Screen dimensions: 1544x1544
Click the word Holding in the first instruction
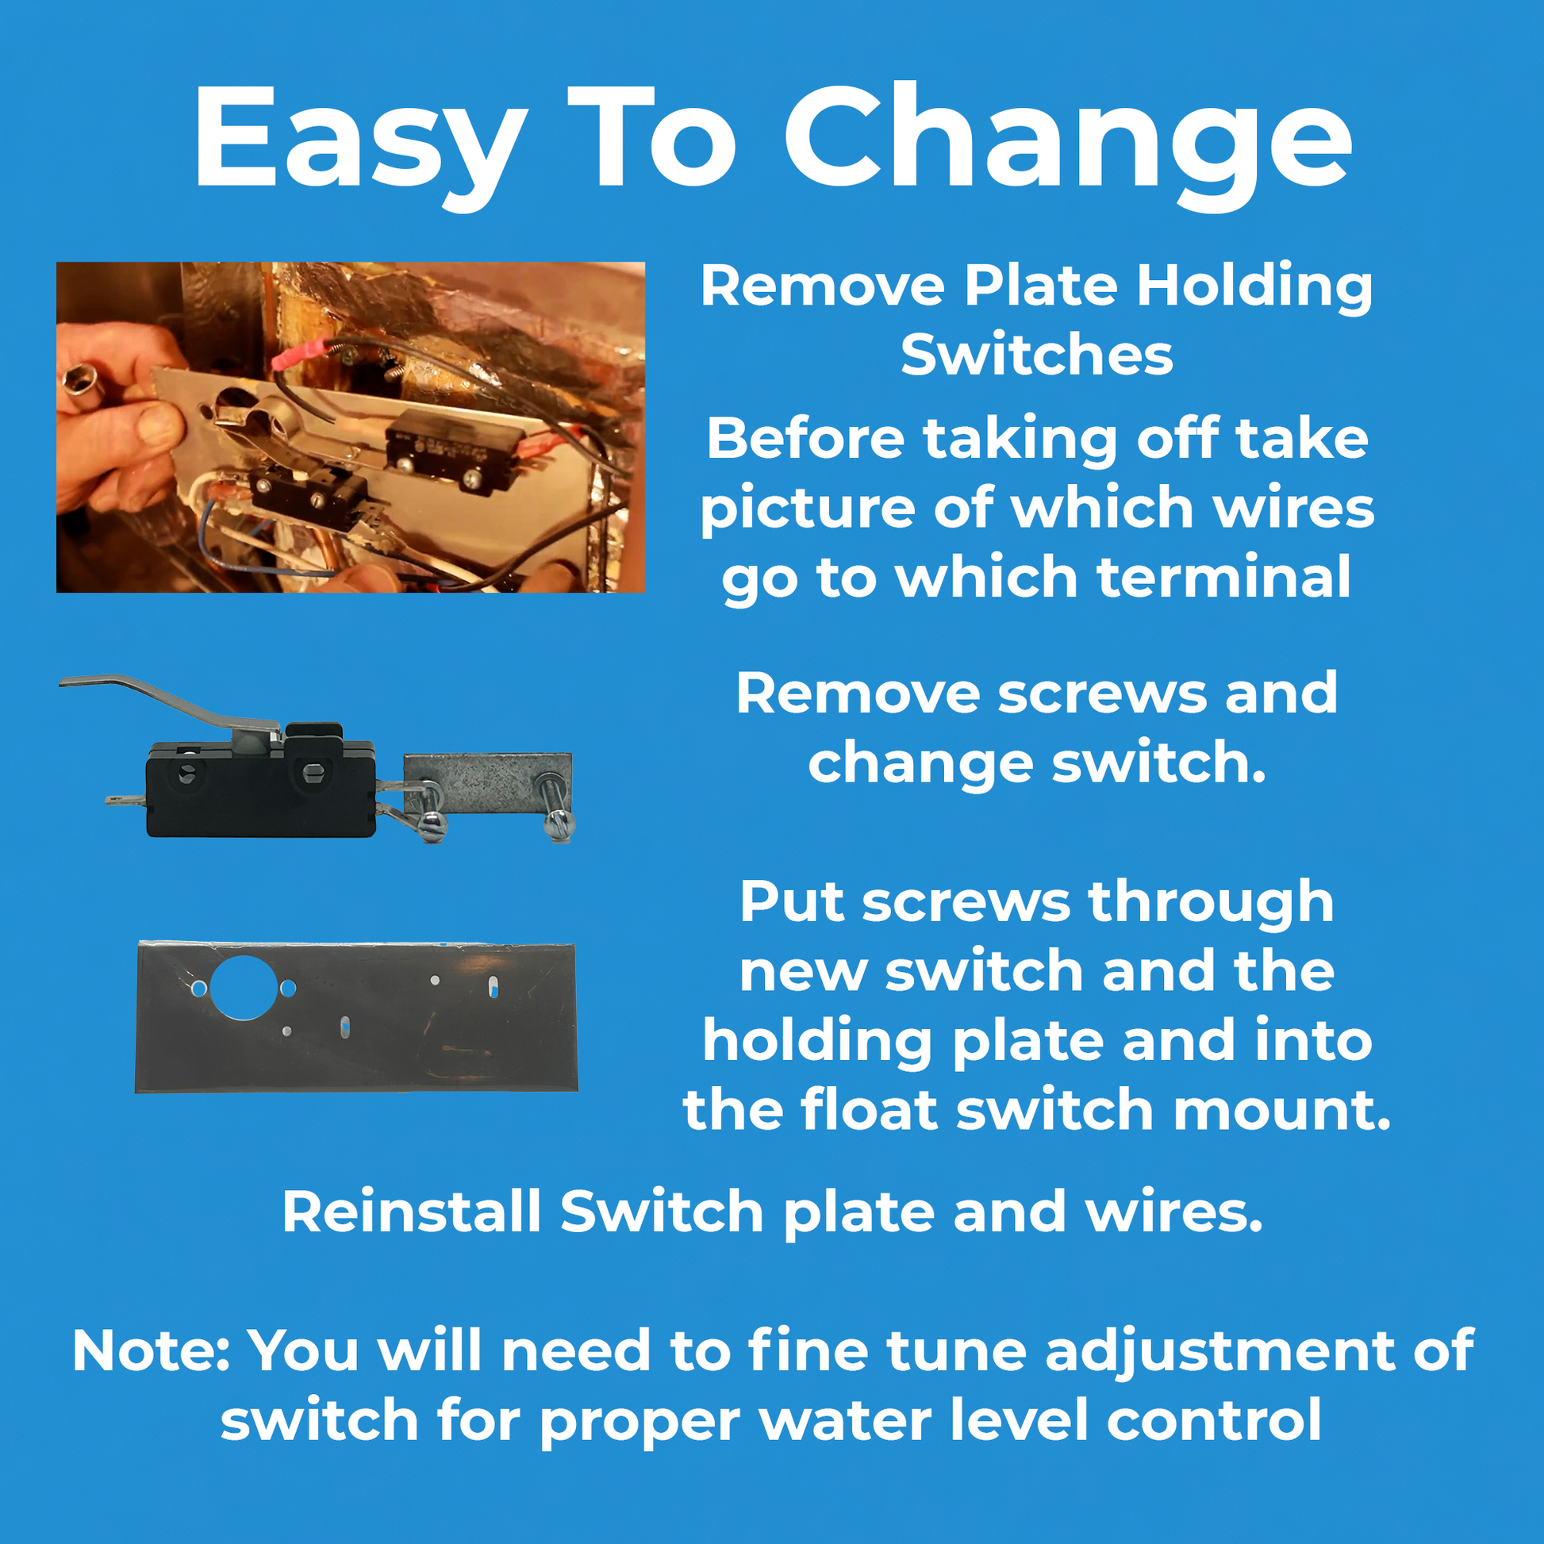pos(1254,286)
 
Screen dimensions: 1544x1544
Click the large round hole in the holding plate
pos(244,987)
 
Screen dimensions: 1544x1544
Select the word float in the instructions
pos(868,1110)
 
